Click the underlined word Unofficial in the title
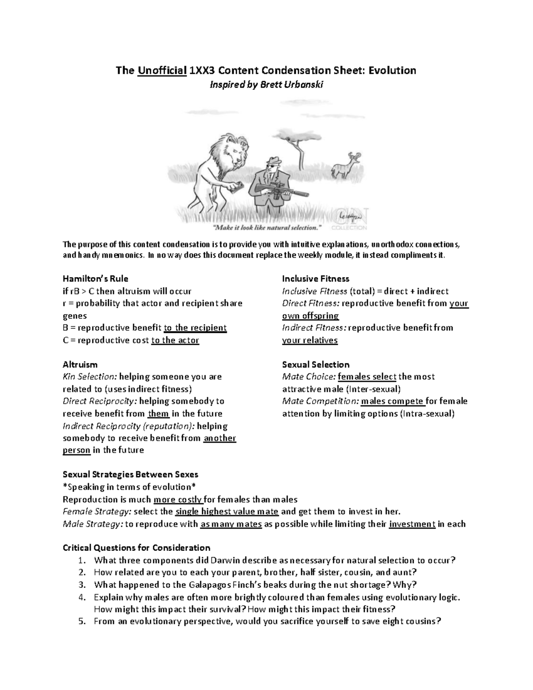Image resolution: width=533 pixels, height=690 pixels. (x=162, y=70)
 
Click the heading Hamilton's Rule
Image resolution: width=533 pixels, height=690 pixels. (x=95, y=279)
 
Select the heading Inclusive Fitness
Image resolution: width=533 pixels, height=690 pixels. (x=315, y=279)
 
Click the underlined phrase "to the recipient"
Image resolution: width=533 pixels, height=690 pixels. (x=195, y=328)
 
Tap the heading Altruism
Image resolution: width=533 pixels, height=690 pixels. (x=80, y=364)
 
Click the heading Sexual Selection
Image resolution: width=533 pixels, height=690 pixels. (x=315, y=364)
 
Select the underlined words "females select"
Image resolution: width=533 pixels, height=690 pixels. (x=367, y=377)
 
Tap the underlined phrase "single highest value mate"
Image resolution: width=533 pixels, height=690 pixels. (x=227, y=511)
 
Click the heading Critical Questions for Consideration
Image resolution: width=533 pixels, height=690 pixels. (x=136, y=547)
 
